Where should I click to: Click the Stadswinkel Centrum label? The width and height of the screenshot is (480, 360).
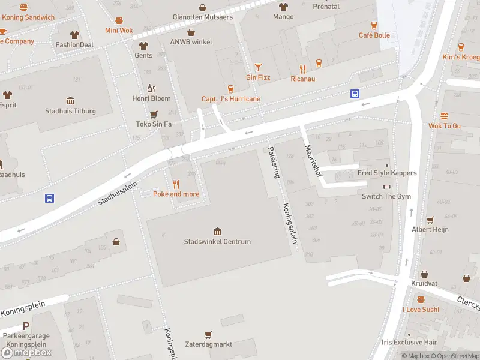coord(217,242)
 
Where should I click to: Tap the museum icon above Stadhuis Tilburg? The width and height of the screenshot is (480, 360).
coord(71,100)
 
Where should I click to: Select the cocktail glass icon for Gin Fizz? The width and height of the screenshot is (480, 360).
coord(259,67)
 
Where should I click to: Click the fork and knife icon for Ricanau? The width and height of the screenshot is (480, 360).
coord(303,69)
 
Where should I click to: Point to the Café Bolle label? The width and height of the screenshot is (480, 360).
coord(374,35)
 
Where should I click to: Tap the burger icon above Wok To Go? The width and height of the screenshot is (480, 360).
coord(445,116)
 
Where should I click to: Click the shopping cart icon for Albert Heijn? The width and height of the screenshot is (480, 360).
coord(430,220)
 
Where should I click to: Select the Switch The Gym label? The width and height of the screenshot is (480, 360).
coord(386,197)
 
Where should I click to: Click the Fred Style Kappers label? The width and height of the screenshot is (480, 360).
coord(387,173)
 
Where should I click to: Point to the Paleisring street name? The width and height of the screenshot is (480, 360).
coord(275,163)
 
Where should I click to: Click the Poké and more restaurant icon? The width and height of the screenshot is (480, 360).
coord(176,184)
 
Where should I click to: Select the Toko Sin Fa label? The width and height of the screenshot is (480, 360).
coord(154,124)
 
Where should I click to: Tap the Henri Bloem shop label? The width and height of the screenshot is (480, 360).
coord(152,98)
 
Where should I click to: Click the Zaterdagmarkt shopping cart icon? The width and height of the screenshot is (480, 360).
coord(208,334)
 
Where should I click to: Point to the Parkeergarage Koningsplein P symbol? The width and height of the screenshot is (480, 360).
coord(26,326)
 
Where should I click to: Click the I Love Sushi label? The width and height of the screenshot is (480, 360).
coord(421,310)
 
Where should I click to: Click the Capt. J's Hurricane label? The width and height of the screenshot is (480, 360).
coord(231,99)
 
